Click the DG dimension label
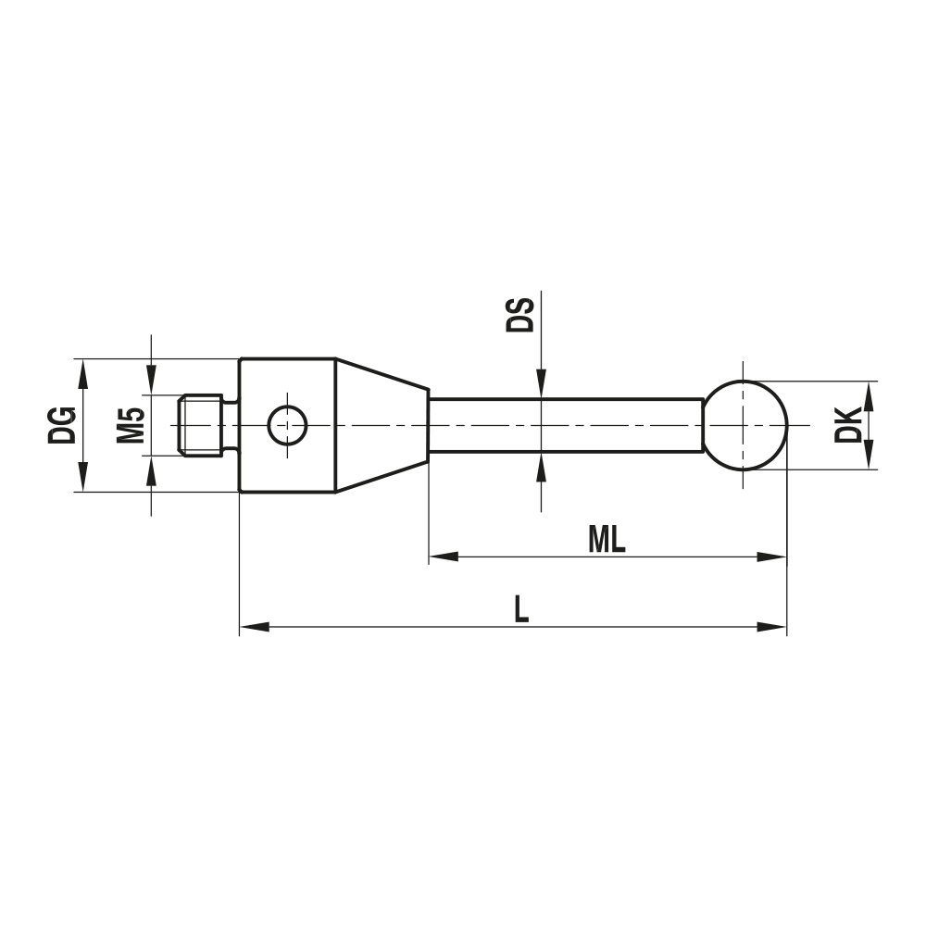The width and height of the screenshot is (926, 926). pyautogui.click(x=62, y=424)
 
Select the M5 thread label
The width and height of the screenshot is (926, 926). pyautogui.click(x=131, y=424)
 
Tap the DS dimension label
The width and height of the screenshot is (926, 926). pyautogui.click(x=519, y=314)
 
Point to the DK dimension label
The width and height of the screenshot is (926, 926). pyautogui.click(x=846, y=425)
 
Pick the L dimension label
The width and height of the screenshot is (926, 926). pyautogui.click(x=521, y=610)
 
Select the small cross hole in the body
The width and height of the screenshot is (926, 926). pyautogui.click(x=287, y=425)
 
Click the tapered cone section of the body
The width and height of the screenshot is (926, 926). pyautogui.click(x=381, y=425)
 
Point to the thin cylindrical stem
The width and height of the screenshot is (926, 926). pyautogui.click(x=565, y=425)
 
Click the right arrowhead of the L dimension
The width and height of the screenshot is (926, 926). pyautogui.click(x=771, y=627)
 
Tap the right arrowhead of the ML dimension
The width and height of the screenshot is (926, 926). pyautogui.click(x=771, y=557)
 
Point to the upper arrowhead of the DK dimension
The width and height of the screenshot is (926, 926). pyautogui.click(x=869, y=395)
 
